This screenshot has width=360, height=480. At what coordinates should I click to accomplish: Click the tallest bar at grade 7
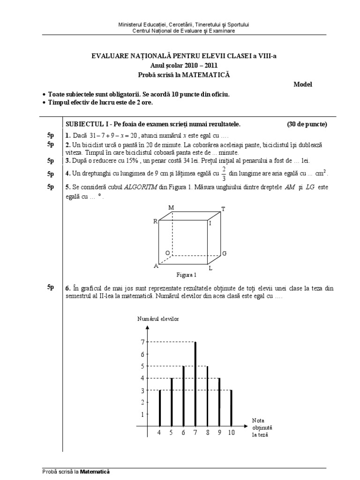pos(195,384)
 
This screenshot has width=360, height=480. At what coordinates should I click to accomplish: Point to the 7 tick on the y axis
pos(143,342)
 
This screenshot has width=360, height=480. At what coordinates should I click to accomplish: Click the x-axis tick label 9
pos(219,433)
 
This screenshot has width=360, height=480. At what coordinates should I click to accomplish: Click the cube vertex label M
pos(171,207)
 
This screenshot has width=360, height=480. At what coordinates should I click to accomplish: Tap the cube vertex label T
pos(223,209)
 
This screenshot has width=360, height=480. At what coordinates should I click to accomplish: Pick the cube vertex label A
pos(156,266)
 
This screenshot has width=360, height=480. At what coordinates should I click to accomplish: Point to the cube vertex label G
pos(225,253)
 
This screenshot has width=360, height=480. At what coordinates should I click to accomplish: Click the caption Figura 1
pos(186,275)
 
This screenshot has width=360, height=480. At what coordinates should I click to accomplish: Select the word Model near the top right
pos(302,84)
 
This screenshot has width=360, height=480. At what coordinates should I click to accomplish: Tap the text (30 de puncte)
pos(307,124)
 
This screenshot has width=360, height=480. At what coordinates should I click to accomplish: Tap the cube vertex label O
pos(167,253)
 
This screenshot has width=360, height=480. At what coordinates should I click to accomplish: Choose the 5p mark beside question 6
pos(51,287)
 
